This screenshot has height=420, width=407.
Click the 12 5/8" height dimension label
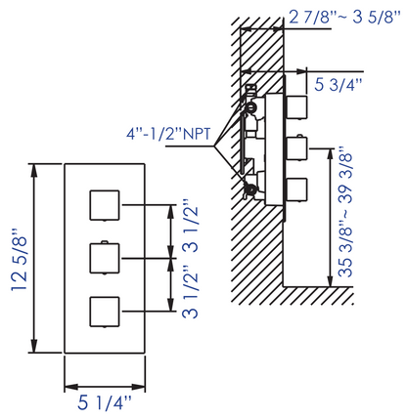click(20, 260)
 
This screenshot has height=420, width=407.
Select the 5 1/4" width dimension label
click(105, 402)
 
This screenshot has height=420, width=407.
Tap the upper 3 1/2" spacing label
click(190, 226)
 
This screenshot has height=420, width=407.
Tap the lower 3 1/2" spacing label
click(190, 291)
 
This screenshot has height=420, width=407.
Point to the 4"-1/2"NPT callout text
click(168, 134)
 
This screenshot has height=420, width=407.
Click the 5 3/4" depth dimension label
click(339, 85)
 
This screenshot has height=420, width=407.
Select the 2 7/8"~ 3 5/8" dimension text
click(344, 17)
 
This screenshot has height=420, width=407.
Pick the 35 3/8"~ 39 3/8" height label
click(345, 213)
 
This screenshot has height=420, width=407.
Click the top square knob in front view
click(105, 205)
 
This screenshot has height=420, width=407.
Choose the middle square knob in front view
click(105, 258)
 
